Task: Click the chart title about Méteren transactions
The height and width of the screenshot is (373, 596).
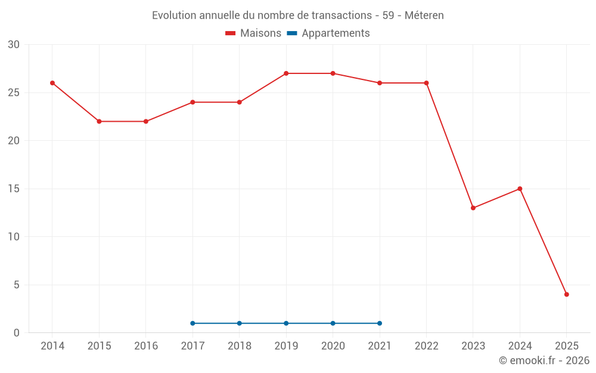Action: [297, 16]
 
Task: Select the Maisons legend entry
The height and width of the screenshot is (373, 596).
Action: [253, 33]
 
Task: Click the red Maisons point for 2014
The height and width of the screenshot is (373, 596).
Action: [52, 83]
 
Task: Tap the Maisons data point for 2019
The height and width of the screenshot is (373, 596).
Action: [286, 73]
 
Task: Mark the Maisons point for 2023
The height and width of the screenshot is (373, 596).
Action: [473, 208]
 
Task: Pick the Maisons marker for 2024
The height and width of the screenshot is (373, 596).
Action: [520, 189]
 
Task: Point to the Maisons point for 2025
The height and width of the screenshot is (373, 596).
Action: [567, 294]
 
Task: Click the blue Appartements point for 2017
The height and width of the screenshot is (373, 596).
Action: [193, 323]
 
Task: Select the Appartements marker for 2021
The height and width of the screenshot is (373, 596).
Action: [380, 323]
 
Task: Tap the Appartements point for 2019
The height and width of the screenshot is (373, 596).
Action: [286, 323]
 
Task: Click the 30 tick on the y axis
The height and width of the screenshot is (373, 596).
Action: [14, 45]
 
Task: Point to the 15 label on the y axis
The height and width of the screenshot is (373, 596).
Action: [14, 189]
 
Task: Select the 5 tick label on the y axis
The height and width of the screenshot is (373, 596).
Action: [17, 285]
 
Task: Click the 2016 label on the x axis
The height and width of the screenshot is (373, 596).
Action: [146, 346]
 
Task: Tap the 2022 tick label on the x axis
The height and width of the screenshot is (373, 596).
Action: [426, 346]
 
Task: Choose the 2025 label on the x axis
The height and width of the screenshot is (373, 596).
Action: [567, 346]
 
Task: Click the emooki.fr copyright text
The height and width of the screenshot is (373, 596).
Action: [544, 360]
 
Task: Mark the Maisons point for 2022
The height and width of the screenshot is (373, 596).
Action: [426, 83]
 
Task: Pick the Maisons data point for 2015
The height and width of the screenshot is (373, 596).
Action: [99, 121]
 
